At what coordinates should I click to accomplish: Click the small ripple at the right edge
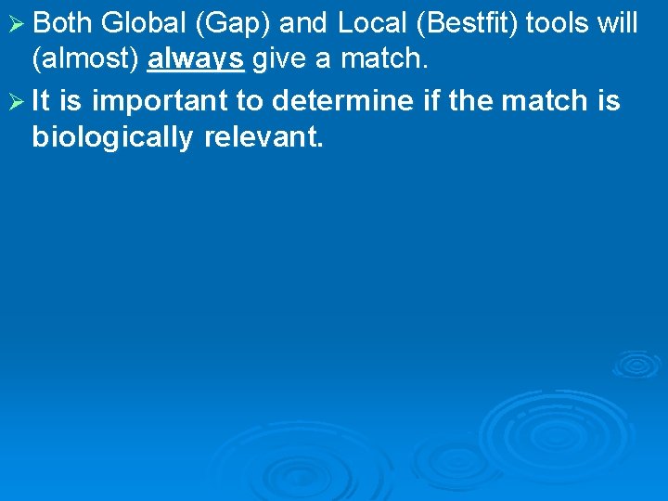[636, 363]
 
